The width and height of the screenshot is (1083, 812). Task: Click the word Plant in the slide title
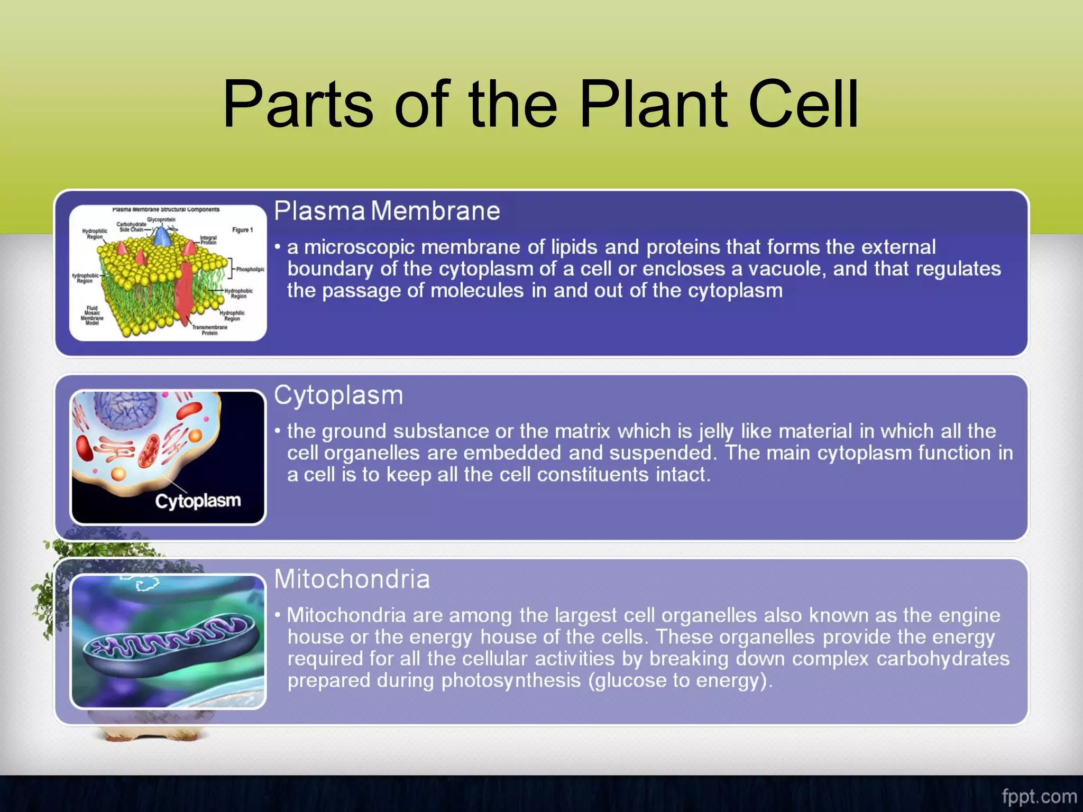click(x=654, y=104)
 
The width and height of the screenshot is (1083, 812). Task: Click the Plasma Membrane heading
click(x=387, y=211)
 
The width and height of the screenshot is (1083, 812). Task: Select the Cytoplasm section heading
click(x=338, y=395)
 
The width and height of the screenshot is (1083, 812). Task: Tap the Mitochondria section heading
click(x=352, y=579)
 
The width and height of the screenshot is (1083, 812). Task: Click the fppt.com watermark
click(x=1039, y=796)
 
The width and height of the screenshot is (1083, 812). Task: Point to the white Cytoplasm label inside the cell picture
click(x=198, y=501)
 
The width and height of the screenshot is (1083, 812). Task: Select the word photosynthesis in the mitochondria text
click(x=511, y=680)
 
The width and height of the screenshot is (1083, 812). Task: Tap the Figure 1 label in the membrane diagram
click(x=242, y=230)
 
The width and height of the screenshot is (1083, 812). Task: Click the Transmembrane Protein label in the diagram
click(x=209, y=330)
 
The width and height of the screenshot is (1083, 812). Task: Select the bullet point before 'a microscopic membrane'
click(x=277, y=247)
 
